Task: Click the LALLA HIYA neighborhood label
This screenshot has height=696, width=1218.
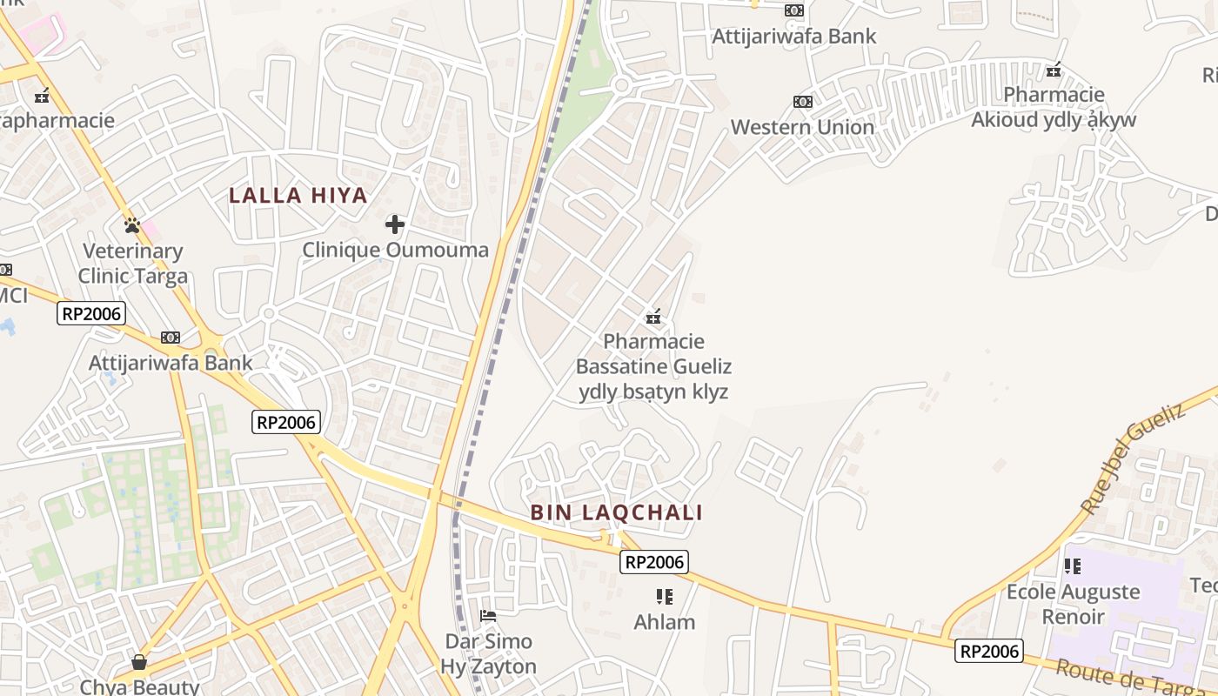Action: (x=298, y=196)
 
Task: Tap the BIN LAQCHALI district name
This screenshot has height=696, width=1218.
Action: (x=616, y=512)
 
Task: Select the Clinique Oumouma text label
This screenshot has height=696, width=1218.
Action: (x=395, y=251)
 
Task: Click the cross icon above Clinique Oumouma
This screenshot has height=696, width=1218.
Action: (x=395, y=224)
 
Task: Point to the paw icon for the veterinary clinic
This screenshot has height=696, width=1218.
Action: (x=132, y=225)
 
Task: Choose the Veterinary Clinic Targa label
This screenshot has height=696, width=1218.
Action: (x=133, y=264)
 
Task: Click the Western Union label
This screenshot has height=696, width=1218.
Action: (x=802, y=127)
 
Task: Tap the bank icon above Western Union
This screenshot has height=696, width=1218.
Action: (x=802, y=102)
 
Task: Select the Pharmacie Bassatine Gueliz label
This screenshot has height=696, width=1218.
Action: (x=653, y=366)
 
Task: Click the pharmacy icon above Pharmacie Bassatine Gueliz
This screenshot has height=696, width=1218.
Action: (x=653, y=317)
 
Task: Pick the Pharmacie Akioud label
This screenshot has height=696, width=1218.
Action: (x=1054, y=107)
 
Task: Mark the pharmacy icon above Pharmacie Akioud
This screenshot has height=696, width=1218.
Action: (x=1054, y=70)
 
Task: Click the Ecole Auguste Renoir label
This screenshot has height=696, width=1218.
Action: (x=1073, y=604)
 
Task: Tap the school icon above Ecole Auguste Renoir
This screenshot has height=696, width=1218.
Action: (x=1073, y=566)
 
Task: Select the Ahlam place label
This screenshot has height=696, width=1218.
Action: (x=665, y=622)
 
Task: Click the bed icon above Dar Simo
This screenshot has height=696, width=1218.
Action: (x=488, y=616)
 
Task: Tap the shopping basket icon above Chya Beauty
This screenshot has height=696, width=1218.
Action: (x=139, y=662)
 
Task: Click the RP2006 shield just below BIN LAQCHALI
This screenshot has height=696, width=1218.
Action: (x=654, y=562)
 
